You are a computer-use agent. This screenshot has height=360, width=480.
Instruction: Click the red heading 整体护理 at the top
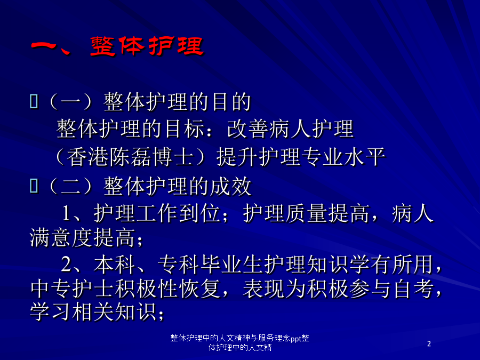pyautogui.click(x=147, y=46)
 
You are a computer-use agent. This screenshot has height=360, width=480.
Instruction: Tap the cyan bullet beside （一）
pyautogui.click(x=34, y=101)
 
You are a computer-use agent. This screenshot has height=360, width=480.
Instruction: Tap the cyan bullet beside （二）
pyautogui.click(x=34, y=186)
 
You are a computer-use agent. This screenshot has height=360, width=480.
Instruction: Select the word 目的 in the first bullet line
pyautogui.click(x=231, y=102)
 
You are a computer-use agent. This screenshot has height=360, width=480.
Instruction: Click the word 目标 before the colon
pyautogui.click(x=185, y=129)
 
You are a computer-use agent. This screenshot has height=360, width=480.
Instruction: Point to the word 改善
pyautogui.click(x=247, y=129)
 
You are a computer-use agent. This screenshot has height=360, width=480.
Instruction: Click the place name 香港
pyautogui.click(x=87, y=157)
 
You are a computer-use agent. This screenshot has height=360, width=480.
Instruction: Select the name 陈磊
pyautogui.click(x=130, y=157)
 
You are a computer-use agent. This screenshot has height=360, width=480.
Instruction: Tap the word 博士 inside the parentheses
pyautogui.click(x=172, y=157)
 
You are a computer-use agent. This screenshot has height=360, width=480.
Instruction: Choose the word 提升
pyautogui.click(x=237, y=157)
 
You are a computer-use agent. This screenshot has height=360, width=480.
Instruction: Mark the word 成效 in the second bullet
pyautogui.click(x=231, y=186)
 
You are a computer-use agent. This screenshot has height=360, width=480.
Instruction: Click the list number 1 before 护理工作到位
pyautogui.click(x=66, y=213)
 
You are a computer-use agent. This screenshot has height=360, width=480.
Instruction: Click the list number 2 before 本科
pyautogui.click(x=66, y=264)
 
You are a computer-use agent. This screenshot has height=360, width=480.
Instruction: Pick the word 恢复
pyautogui.click(x=200, y=289)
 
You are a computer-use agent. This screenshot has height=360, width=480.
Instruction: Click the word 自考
pyautogui.click(x=413, y=289)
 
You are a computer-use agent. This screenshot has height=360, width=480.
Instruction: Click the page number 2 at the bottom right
pyautogui.click(x=429, y=344)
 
